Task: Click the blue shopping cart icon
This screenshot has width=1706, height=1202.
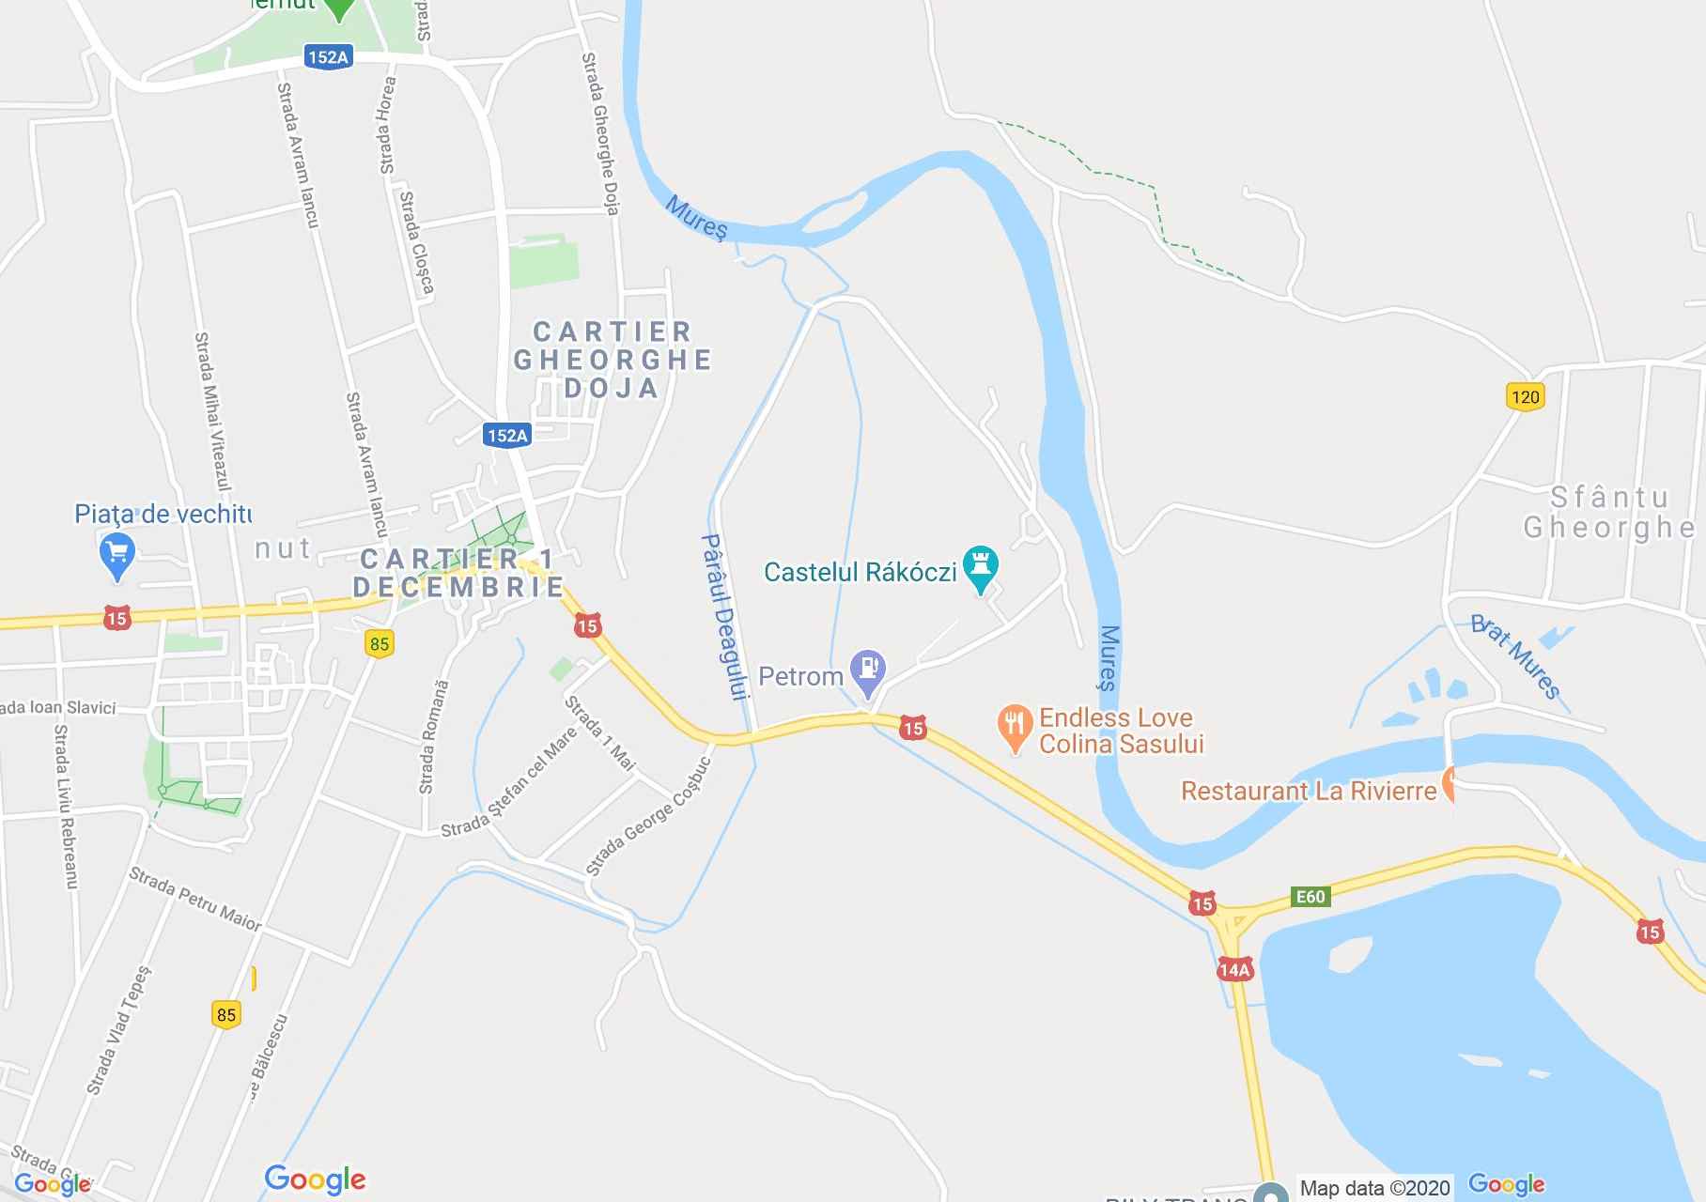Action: click(x=117, y=553)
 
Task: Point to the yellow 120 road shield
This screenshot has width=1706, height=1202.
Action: click(x=1525, y=396)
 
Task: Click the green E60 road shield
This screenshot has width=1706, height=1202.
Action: click(x=1310, y=896)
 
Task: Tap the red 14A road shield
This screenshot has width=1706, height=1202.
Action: click(x=1234, y=970)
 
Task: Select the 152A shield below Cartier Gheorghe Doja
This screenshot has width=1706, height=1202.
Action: click(x=507, y=435)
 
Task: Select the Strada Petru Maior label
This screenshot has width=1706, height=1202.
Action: click(x=195, y=899)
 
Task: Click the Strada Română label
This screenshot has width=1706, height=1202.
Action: click(x=433, y=737)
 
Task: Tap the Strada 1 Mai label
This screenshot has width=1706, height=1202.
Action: click(x=600, y=732)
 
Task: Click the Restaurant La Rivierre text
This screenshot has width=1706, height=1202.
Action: click(x=1308, y=791)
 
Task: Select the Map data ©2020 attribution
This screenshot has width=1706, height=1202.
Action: click(x=1374, y=1188)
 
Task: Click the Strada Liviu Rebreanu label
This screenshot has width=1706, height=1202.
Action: click(x=65, y=807)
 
